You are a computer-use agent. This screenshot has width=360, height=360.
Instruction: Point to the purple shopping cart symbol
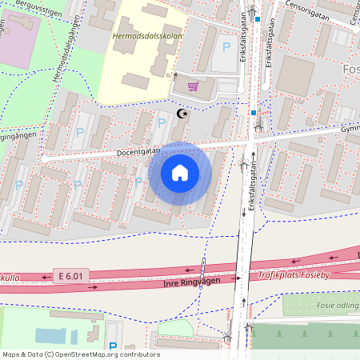coord(192,86)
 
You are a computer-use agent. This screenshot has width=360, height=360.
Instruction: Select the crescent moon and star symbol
coord(182,114)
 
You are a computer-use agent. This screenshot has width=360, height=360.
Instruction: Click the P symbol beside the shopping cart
coord(226,47)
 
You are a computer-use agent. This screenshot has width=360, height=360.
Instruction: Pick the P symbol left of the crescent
coord(162,122)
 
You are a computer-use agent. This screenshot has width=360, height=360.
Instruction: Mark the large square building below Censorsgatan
coord(296,74)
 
